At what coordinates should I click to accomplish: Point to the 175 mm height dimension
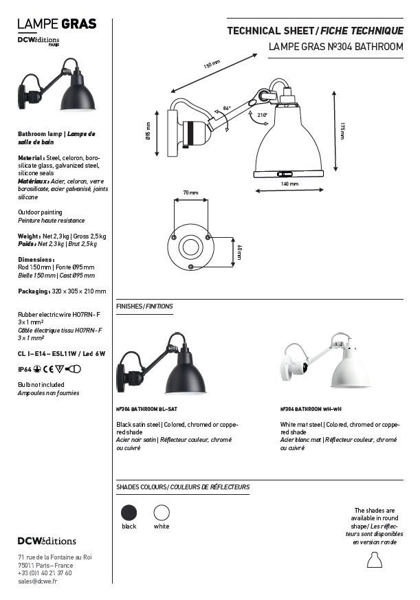342,131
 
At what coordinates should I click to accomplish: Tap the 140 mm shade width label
289,184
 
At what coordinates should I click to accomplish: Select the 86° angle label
227,109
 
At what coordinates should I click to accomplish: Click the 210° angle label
262,115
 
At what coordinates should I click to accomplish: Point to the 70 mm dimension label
190,193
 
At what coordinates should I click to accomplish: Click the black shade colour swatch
129,513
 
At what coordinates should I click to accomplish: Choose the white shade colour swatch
162,513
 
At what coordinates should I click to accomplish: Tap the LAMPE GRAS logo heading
57,25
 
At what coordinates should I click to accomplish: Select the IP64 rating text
24,369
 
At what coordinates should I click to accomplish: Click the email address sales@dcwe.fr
37,581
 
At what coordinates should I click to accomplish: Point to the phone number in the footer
45,573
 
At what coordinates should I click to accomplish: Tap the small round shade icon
374,564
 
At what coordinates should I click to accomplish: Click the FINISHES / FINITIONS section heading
144,306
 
